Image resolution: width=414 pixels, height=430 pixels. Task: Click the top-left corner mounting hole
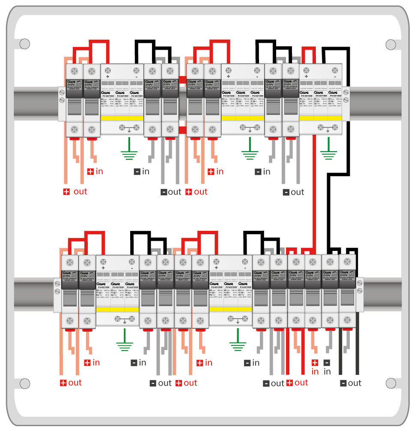coord(24,44)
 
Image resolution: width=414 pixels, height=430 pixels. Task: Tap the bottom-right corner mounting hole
coord(390,383)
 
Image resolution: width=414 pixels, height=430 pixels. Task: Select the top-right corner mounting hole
coord(390,44)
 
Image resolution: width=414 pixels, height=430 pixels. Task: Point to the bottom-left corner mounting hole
coord(24,383)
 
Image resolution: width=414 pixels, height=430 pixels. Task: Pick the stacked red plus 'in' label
coord(315,368)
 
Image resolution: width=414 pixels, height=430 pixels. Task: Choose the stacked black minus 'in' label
coord(327,368)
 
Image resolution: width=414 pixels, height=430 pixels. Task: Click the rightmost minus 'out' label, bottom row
coord(351,383)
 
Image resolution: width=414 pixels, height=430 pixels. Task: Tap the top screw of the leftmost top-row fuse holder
coord(74,71)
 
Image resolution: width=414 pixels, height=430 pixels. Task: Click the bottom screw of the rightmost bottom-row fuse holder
coord(347,320)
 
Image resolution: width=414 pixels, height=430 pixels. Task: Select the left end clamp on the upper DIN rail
coord(62,103)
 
